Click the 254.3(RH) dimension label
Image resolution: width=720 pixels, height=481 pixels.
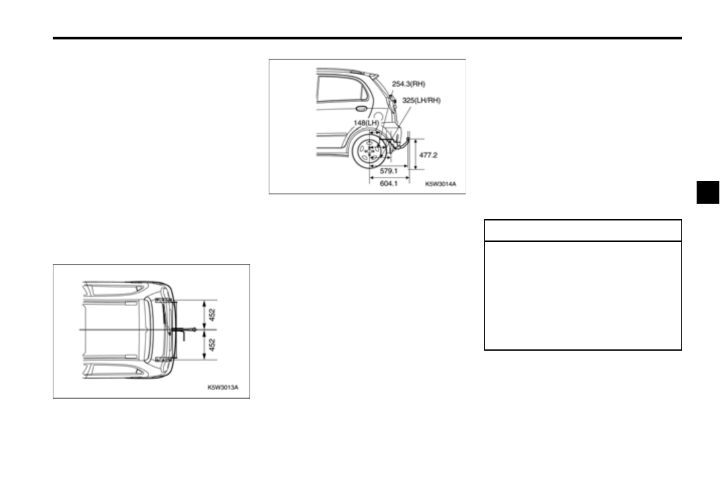point(408,84)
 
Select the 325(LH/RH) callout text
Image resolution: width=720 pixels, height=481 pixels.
point(421,100)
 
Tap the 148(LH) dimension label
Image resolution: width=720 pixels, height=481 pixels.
point(367,123)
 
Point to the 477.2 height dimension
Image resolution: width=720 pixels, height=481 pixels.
point(428,155)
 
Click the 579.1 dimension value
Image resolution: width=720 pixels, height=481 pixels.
point(389,171)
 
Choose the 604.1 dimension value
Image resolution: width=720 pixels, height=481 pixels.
point(389,184)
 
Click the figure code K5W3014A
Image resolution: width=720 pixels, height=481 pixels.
point(440,184)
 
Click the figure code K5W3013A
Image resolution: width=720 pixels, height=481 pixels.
point(222,387)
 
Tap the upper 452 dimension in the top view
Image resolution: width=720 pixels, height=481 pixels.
point(212,315)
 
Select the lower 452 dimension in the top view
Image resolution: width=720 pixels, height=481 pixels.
point(212,345)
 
